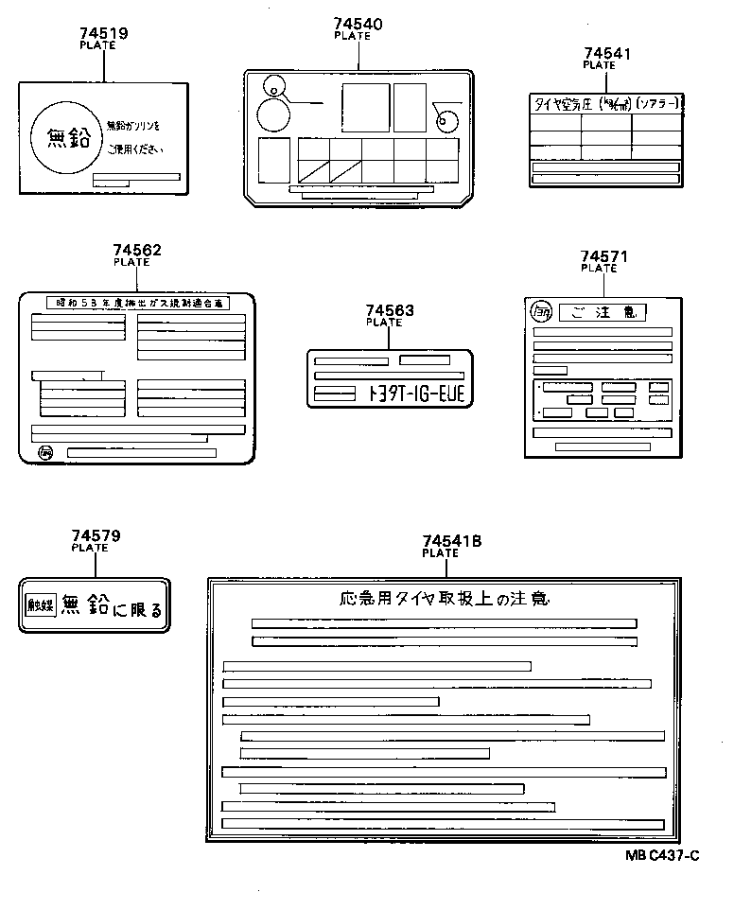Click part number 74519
[103, 33]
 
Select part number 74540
[358, 25]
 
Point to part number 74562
[137, 251]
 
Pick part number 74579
[96, 535]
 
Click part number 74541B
[451, 541]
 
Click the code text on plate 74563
[416, 394]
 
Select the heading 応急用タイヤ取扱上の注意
[443, 599]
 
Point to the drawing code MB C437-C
[661, 856]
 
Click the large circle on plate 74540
[274, 115]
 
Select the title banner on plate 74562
[137, 304]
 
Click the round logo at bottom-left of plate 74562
[46, 453]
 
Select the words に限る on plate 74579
[137, 610]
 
